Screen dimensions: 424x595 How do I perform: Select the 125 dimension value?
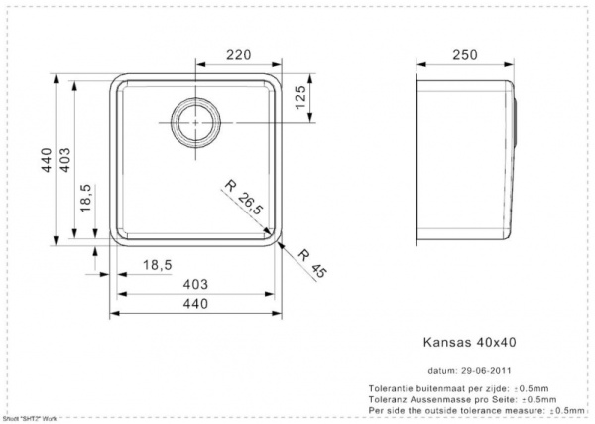click(x=299, y=99)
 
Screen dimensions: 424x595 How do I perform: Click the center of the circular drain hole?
click(x=195, y=121)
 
